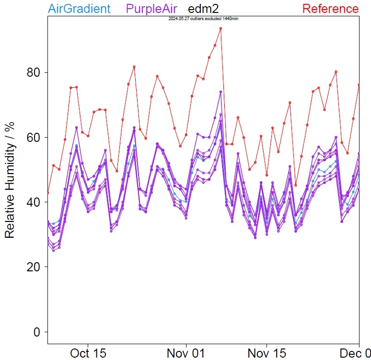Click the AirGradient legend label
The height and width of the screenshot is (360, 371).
point(79,9)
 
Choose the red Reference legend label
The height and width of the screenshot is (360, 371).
point(330,9)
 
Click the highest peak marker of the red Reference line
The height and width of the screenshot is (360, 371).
point(220,28)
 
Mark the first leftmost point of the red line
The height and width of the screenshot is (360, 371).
point(48,193)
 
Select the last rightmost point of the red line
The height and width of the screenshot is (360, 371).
point(359,85)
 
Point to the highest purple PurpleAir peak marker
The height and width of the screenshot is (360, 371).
point(220,92)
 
